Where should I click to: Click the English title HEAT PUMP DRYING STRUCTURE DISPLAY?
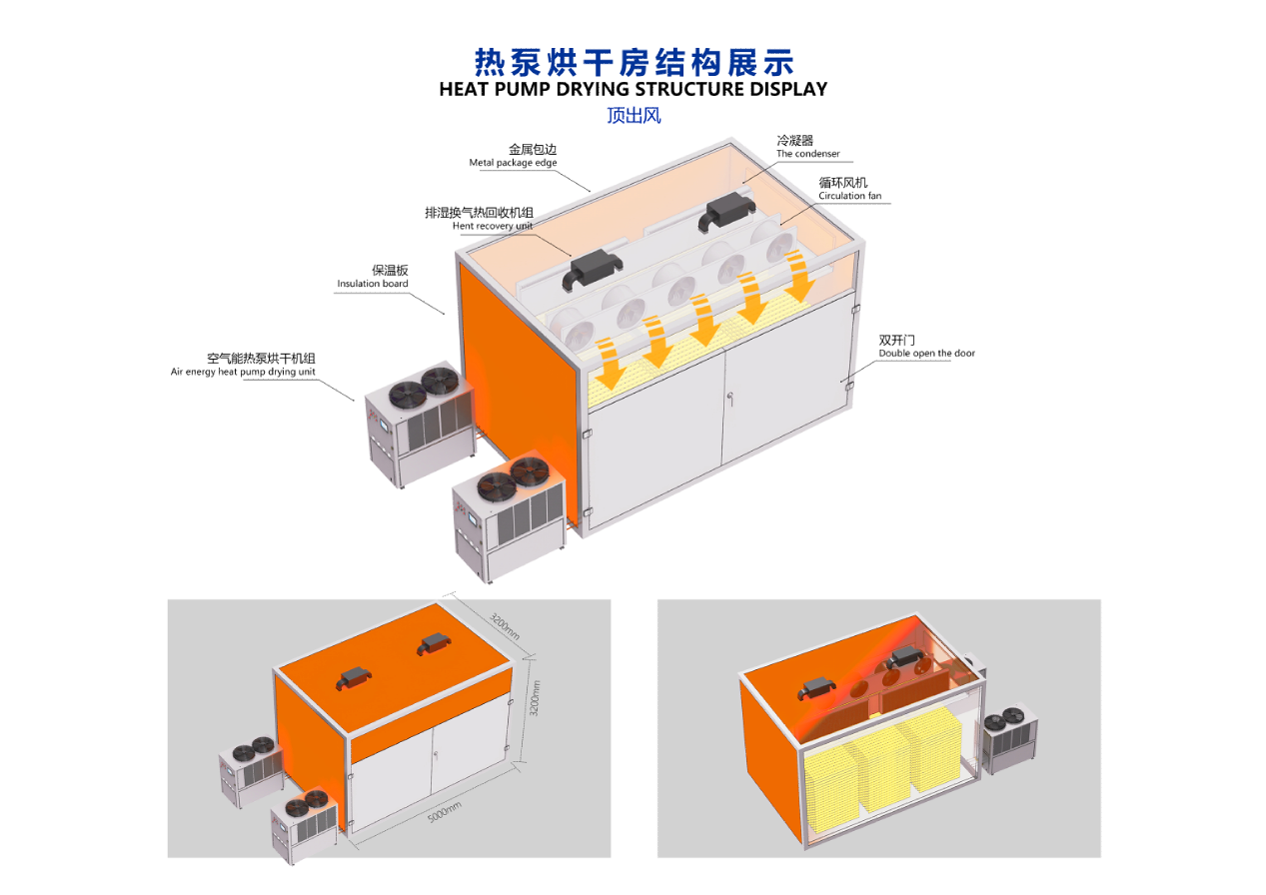(633, 89)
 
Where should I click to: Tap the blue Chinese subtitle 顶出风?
(633, 115)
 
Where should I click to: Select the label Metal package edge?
(513, 163)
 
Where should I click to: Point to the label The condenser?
(807, 154)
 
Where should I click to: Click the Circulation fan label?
(849, 196)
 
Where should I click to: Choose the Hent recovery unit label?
(493, 226)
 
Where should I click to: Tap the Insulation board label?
(373, 284)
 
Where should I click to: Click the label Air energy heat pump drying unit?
(243, 372)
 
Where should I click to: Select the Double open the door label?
(926, 354)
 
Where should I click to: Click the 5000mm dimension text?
(445, 812)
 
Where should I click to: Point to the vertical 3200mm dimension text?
(535, 698)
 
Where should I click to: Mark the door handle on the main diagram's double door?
(730, 398)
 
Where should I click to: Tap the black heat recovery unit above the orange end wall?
(592, 270)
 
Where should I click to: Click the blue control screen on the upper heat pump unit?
(385, 425)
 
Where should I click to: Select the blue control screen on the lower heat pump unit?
(472, 517)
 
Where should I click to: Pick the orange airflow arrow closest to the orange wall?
(610, 364)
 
